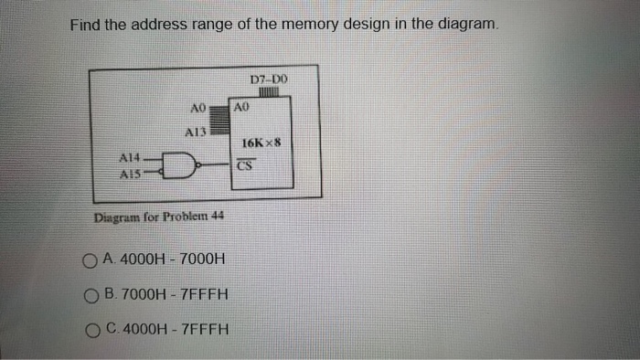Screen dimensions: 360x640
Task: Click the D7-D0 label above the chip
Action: [x=268, y=80]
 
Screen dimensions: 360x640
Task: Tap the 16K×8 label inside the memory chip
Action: [x=265, y=143]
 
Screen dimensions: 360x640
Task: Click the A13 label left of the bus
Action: [x=197, y=132]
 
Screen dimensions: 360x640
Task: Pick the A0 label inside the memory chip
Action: [x=241, y=107]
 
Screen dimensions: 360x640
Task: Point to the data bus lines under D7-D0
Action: [x=268, y=92]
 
